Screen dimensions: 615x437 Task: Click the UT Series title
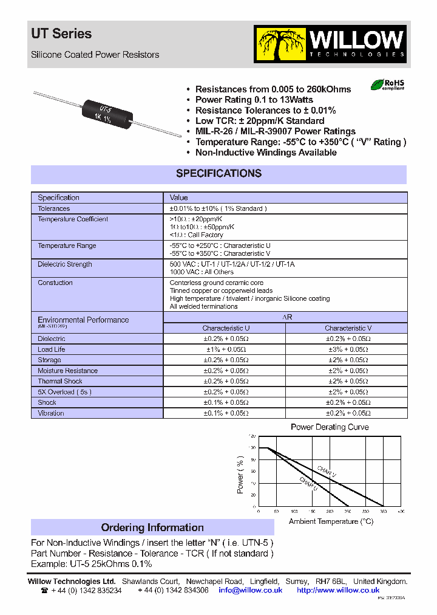click(61, 34)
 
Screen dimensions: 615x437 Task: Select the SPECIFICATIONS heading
click(218, 174)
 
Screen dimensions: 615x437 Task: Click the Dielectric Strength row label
click(65, 264)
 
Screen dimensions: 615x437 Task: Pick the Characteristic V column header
click(348, 328)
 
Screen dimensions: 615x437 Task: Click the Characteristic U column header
click(226, 328)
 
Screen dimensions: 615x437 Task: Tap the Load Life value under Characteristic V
click(348, 349)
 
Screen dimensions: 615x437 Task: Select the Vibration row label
click(51, 413)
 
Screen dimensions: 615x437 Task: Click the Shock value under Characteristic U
click(226, 402)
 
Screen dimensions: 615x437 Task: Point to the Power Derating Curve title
click(330, 427)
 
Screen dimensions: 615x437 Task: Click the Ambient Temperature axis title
click(331, 521)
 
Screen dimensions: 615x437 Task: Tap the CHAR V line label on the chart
click(326, 470)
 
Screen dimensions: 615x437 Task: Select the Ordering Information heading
click(152, 527)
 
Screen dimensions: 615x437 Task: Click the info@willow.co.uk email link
click(251, 590)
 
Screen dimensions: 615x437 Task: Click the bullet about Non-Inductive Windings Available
click(266, 153)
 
